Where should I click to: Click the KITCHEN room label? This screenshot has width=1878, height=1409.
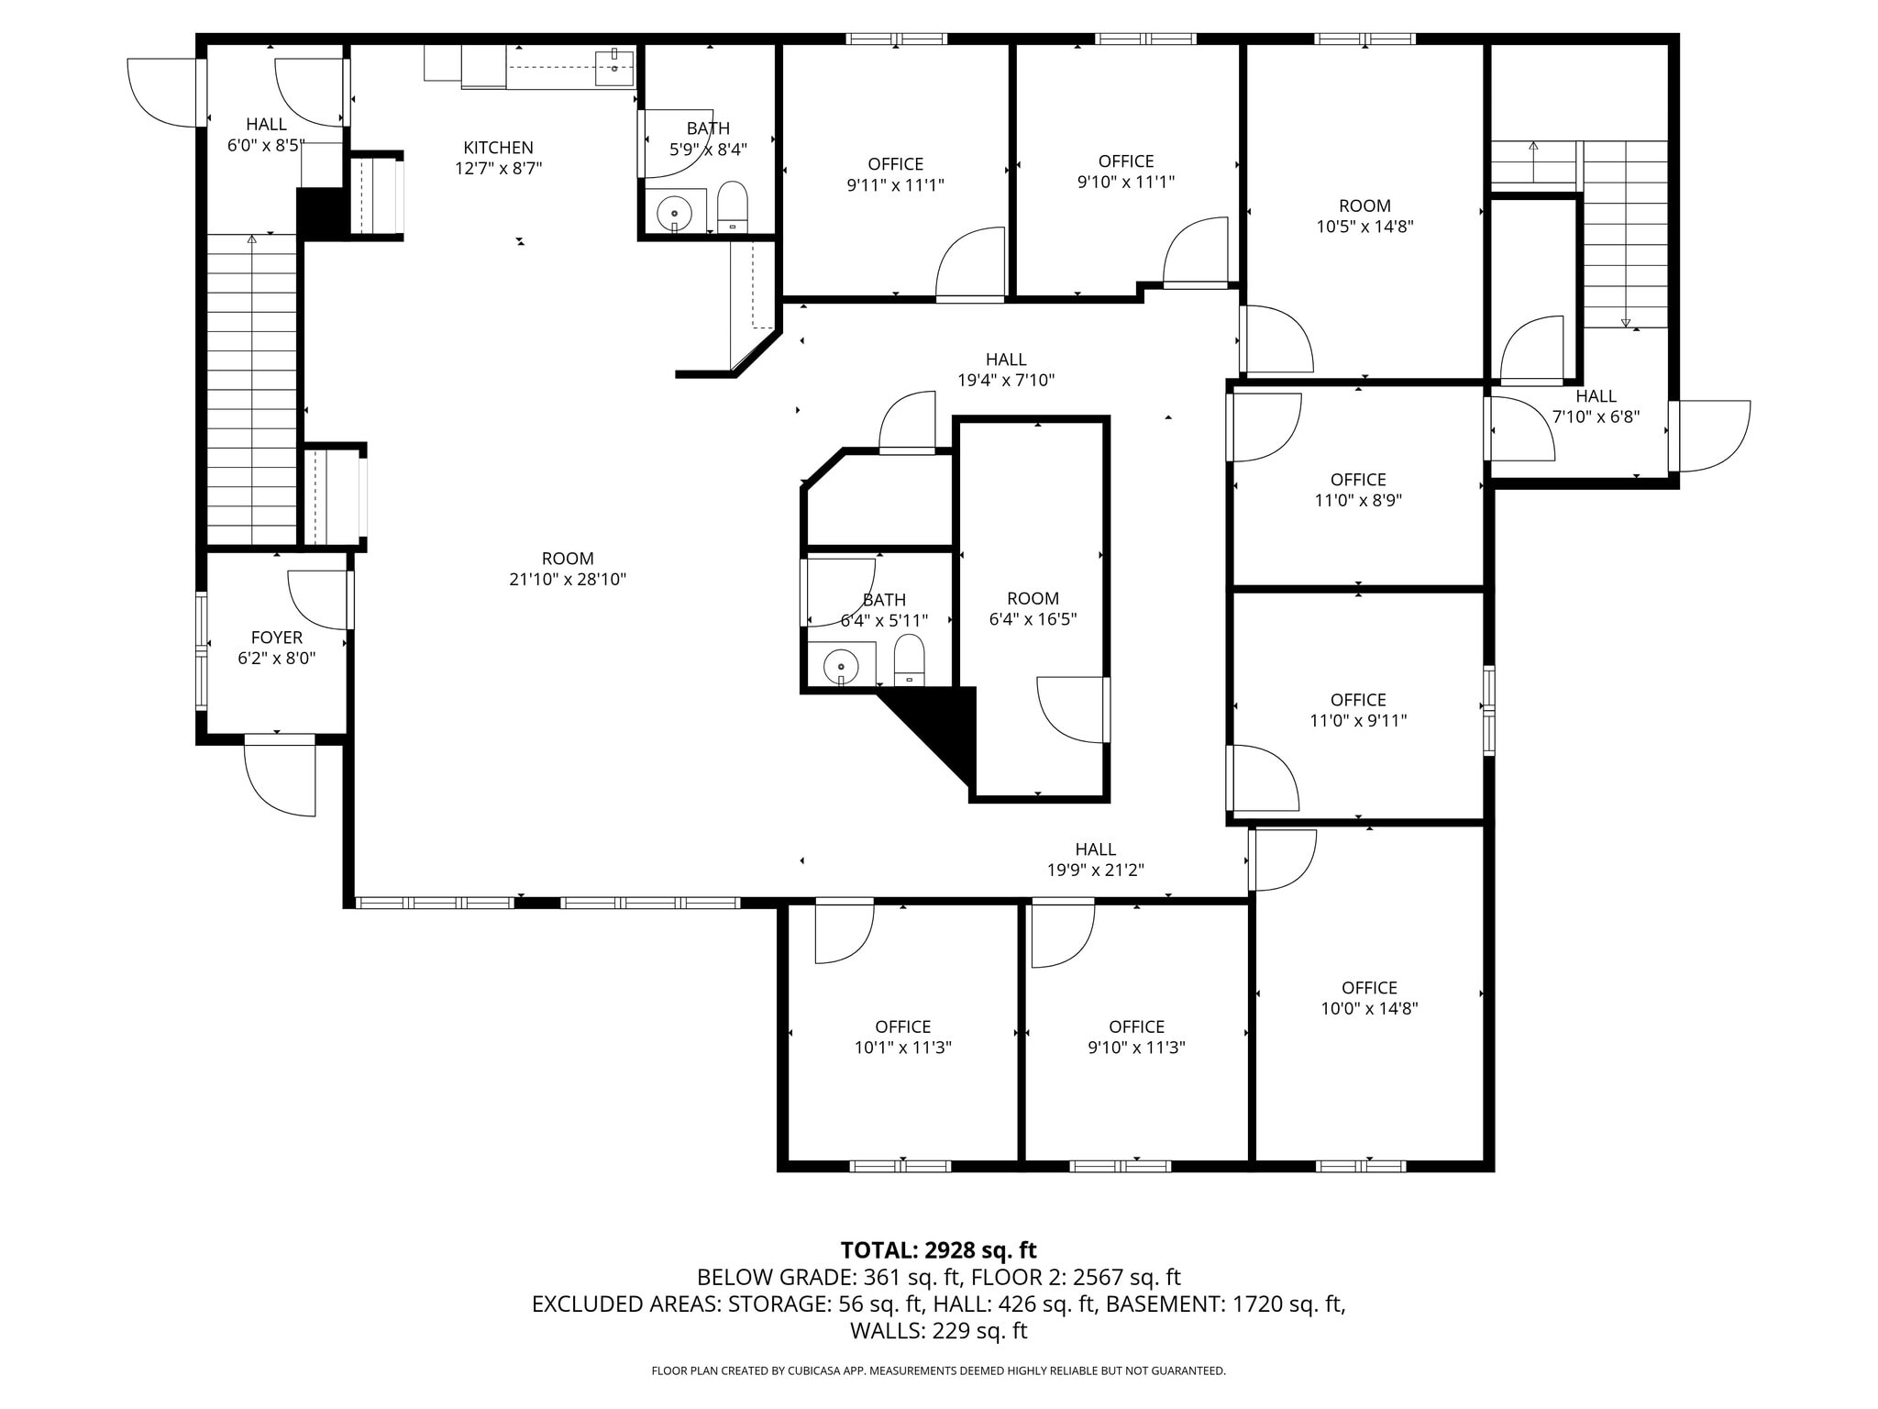498,148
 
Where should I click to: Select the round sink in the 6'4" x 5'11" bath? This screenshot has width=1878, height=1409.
840,665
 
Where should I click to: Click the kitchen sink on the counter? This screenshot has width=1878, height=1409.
613,67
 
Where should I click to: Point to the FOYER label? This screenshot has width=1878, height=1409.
276,638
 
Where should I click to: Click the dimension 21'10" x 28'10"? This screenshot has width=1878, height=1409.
568,580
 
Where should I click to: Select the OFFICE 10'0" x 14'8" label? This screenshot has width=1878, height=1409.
1369,988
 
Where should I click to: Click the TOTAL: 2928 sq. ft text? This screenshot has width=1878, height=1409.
938,1250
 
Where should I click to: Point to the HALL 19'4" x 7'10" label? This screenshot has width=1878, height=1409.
1006,360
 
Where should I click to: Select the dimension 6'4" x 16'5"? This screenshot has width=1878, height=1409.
1033,619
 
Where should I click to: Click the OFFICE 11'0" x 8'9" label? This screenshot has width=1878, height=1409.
1358,480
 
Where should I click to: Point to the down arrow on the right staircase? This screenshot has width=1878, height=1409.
1626,321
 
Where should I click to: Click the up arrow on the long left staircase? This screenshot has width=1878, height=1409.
252,240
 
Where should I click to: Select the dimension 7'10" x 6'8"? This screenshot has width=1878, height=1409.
1596,416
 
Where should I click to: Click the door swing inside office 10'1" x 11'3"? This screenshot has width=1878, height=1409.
843,933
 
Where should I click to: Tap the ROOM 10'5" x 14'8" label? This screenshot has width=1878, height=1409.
1364,206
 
